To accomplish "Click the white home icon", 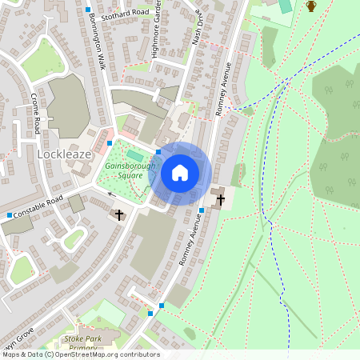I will pos(180,173).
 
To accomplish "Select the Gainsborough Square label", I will pos(124,170).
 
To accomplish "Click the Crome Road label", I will pos(36,113).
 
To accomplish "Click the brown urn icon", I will pos(311,6).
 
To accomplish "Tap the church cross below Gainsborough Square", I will pos(119,214).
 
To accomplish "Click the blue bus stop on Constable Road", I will pos(10,215).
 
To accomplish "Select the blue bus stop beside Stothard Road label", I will pos(87,10).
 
